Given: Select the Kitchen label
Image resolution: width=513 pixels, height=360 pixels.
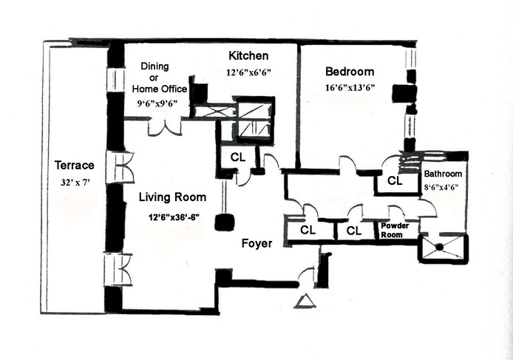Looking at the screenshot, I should click(x=248, y=56).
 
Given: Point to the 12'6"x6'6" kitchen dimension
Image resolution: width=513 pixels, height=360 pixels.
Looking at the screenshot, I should click(x=248, y=73).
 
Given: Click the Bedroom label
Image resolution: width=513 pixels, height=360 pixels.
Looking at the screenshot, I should click(x=350, y=72).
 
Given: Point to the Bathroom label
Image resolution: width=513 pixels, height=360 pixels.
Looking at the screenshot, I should click(x=442, y=174).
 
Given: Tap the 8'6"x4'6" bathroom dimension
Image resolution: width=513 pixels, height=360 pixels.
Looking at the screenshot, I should click(x=442, y=187).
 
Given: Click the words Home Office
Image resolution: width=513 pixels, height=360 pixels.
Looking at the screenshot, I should click(x=160, y=89).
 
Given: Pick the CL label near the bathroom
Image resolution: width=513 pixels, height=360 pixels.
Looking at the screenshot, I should click(x=394, y=180).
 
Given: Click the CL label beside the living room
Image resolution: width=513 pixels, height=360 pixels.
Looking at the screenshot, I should click(x=237, y=157).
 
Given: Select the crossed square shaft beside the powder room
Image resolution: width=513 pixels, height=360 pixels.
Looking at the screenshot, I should click(x=443, y=248).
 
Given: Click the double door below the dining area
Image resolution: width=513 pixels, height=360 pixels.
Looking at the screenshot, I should click(x=164, y=127).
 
